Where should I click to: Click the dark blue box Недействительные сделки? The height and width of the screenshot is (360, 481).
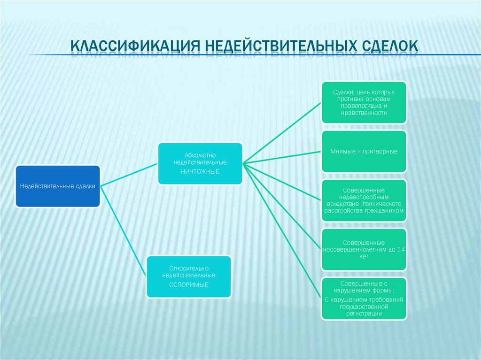click(58, 186)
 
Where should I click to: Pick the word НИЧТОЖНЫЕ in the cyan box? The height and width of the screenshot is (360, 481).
click(200, 171)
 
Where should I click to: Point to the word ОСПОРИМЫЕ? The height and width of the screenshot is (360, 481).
click(189, 285)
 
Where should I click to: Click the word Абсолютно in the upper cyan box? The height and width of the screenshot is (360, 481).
click(200, 154)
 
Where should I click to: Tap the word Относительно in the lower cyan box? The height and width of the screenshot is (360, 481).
click(189, 268)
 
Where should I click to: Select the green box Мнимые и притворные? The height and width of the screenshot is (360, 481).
click(364, 151)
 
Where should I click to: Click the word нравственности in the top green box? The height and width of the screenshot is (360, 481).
click(364, 113)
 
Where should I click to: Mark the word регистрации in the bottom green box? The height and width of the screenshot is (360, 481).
click(364, 314)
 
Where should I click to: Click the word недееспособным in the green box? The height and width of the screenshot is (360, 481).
click(364, 197)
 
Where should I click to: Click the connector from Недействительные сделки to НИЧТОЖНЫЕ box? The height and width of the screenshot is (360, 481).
click(129, 174)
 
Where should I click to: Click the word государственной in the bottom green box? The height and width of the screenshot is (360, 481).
click(364, 306)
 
